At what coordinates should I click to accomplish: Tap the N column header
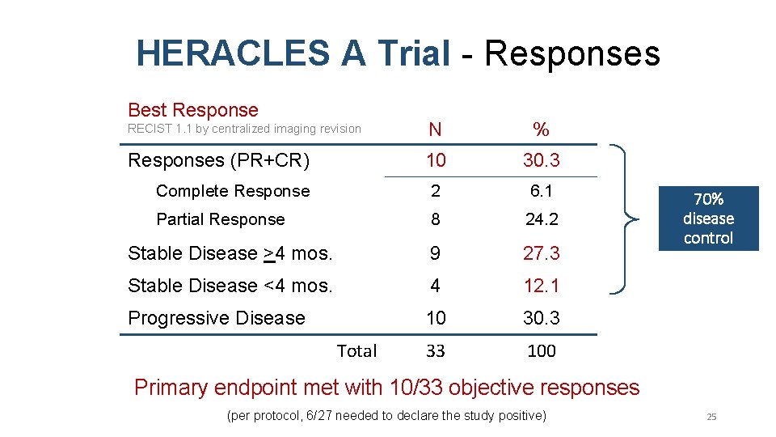click(436, 129)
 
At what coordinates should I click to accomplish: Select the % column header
click(541, 129)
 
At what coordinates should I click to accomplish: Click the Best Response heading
click(193, 110)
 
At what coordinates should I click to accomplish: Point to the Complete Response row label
click(233, 191)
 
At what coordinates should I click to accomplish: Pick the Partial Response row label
click(220, 219)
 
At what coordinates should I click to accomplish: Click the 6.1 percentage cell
click(541, 191)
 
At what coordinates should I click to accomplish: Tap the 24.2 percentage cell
click(541, 219)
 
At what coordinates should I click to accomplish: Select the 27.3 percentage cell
click(541, 253)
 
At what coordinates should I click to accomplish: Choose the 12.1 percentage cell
click(541, 286)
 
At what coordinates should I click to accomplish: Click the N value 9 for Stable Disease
click(436, 253)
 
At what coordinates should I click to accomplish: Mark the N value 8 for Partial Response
click(436, 219)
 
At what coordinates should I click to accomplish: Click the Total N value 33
click(436, 351)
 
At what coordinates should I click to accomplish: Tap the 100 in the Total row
click(541, 351)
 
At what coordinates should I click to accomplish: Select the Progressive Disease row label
click(217, 318)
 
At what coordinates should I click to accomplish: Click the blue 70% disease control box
click(708, 218)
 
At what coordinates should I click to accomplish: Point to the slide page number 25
click(711, 417)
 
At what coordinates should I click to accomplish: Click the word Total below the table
click(356, 351)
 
